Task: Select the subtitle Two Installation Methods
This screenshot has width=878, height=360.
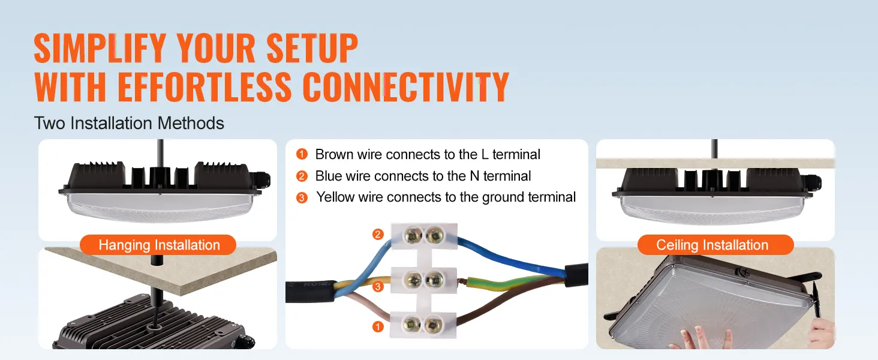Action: click(129, 124)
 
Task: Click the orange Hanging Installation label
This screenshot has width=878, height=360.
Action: click(159, 245)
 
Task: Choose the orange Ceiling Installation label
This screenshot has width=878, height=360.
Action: click(712, 245)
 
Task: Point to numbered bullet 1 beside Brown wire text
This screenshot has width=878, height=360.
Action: click(302, 154)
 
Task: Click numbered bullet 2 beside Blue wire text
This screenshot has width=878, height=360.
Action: click(302, 176)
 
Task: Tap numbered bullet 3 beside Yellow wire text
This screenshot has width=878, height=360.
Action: click(302, 197)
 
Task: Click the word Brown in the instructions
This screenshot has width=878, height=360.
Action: click(334, 154)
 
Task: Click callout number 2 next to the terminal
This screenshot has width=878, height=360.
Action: click(378, 235)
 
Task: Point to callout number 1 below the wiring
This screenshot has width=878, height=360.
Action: click(378, 326)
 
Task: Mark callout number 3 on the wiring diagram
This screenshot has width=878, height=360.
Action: click(378, 287)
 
